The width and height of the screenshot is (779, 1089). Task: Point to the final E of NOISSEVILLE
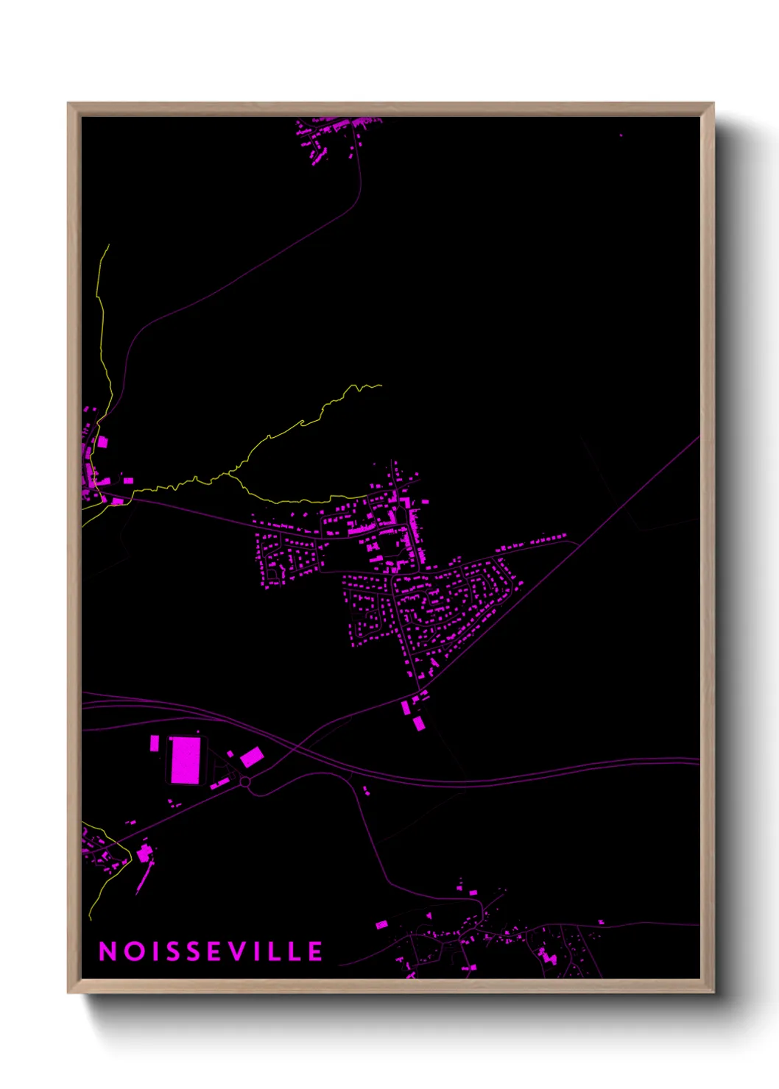point(315,951)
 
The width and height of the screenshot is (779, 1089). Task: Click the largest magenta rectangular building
point(185,759)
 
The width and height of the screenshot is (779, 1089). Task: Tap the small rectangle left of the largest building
point(155,743)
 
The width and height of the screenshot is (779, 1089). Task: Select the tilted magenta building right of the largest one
point(252,756)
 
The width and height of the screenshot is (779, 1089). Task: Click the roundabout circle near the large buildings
point(245,781)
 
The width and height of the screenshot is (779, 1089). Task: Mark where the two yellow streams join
point(229,475)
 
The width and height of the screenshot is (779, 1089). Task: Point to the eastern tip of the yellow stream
point(381,385)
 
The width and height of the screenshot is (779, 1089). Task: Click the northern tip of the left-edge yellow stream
point(109,245)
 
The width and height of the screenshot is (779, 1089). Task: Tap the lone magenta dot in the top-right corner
point(621,135)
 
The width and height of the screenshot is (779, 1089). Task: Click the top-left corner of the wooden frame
point(68,104)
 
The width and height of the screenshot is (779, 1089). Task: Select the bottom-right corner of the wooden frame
point(713,993)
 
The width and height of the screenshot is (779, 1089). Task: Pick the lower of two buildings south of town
point(418,723)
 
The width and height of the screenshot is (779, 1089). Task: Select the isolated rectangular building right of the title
point(381,924)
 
